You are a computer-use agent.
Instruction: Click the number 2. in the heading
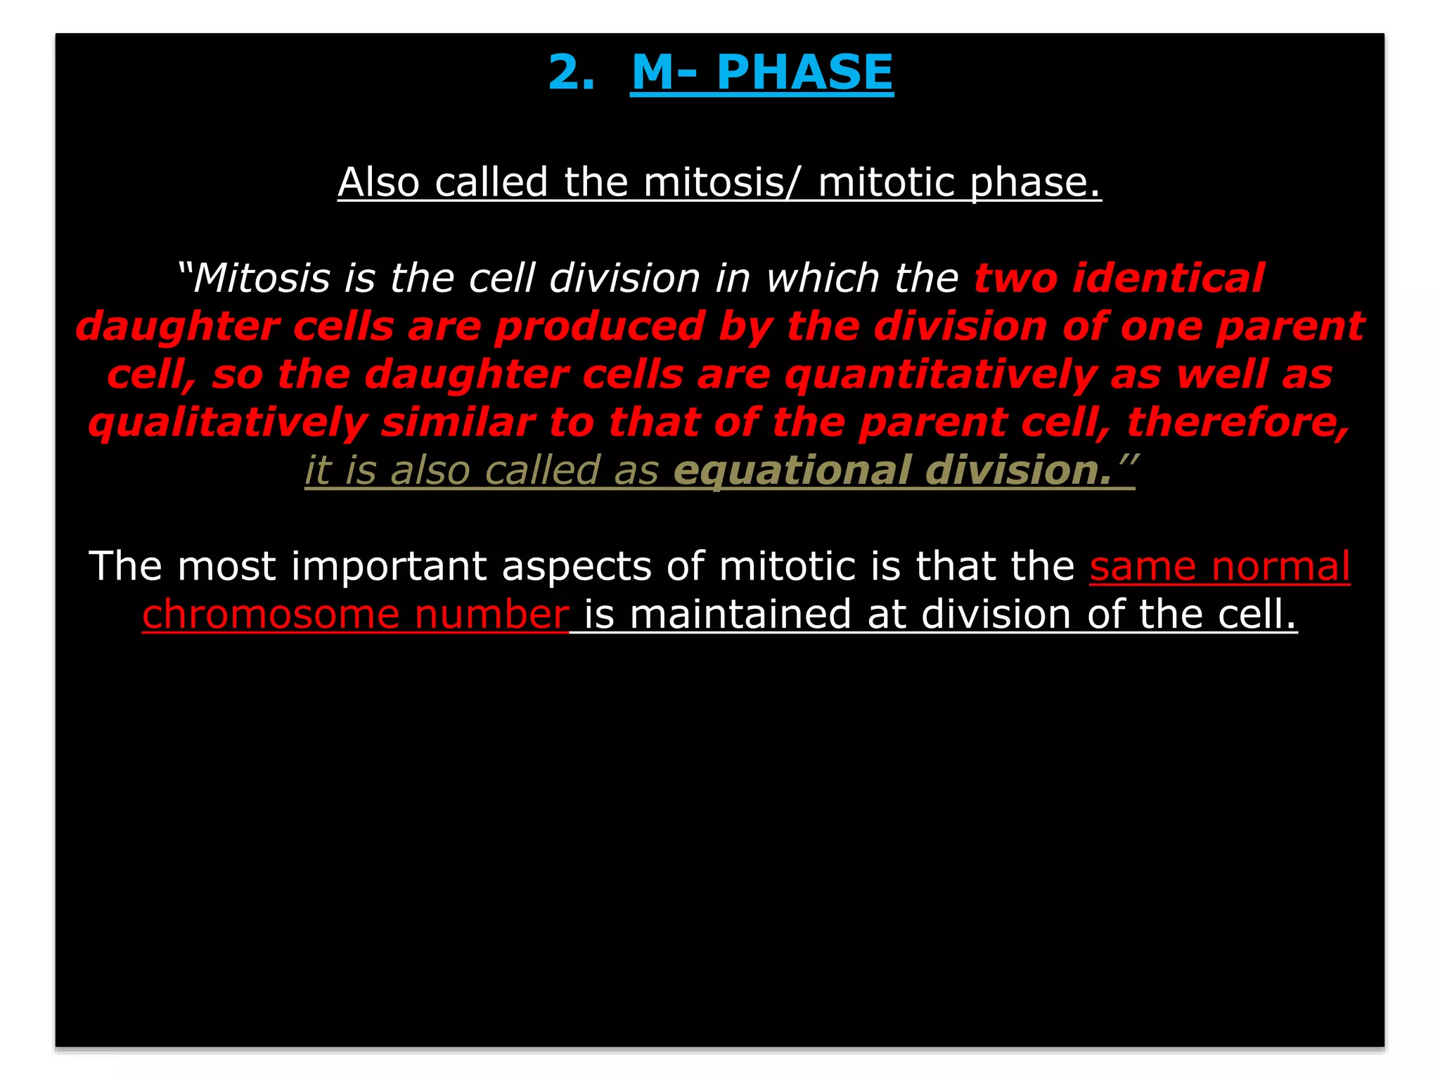(571, 72)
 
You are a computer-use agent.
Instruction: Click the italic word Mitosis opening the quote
(262, 278)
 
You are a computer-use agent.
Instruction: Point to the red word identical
(1168, 278)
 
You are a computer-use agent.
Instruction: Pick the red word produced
(599, 327)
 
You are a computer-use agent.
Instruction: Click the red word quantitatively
(940, 375)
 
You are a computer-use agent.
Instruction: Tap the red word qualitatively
(228, 423)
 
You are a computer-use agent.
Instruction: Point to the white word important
(388, 566)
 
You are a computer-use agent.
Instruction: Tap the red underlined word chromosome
(270, 615)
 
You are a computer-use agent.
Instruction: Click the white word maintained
(740, 615)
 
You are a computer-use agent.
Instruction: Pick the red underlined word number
(491, 615)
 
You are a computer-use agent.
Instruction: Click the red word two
(1015, 278)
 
